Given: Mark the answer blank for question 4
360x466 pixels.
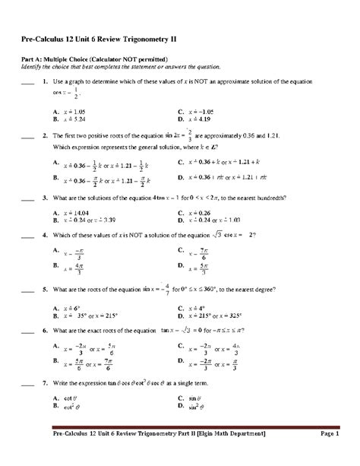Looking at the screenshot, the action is coord(28,235).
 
